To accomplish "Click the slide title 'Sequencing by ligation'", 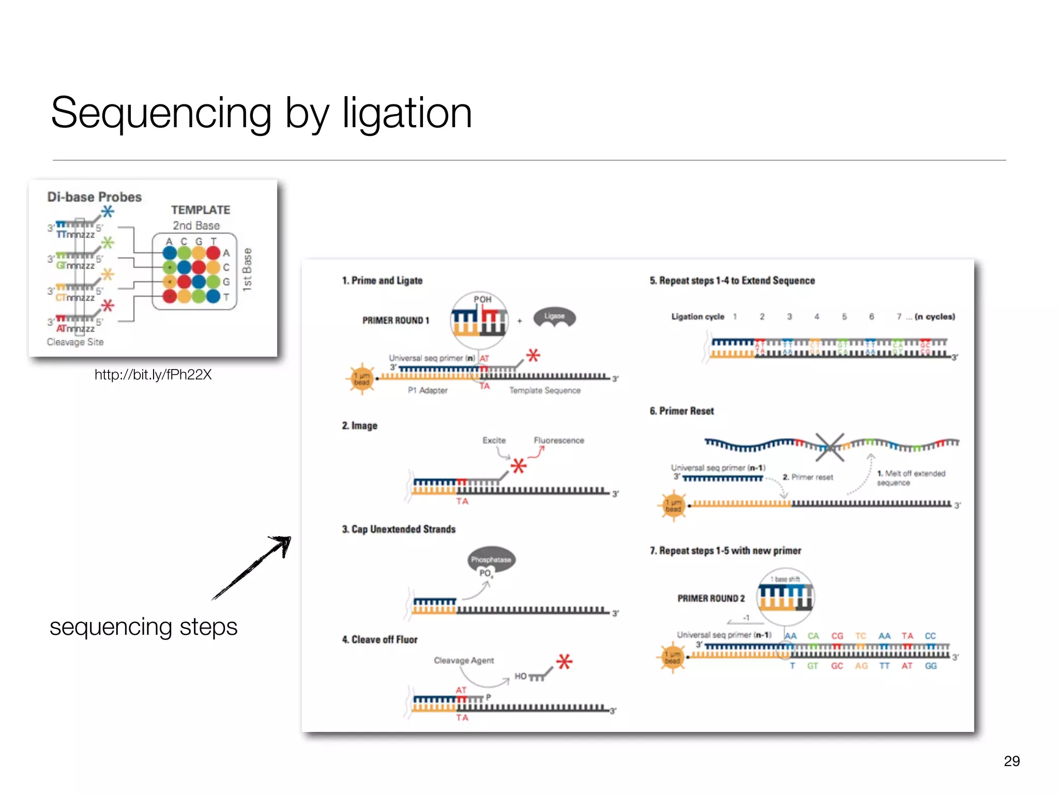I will point(261,113).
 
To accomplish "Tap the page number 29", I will point(1011,761).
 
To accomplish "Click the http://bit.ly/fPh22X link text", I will point(153,375).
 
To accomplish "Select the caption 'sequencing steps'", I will point(143,627).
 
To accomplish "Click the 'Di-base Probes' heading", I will point(94,197).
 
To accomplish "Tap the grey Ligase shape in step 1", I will point(554,316).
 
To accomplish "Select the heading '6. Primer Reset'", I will point(682,411).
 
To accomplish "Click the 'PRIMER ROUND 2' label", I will point(711,598).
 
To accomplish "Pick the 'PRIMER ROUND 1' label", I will point(396,320).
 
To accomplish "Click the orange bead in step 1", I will point(361,379).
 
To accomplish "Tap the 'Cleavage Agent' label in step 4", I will point(464,661).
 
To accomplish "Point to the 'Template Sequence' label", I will point(544,390).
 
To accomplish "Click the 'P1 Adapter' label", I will point(427,390).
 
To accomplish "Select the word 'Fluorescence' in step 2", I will point(558,440).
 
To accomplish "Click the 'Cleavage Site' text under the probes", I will point(75,342).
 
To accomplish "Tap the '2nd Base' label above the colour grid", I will point(196,226).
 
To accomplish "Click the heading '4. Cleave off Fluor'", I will point(380,639).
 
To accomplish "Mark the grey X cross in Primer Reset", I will point(830,447).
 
